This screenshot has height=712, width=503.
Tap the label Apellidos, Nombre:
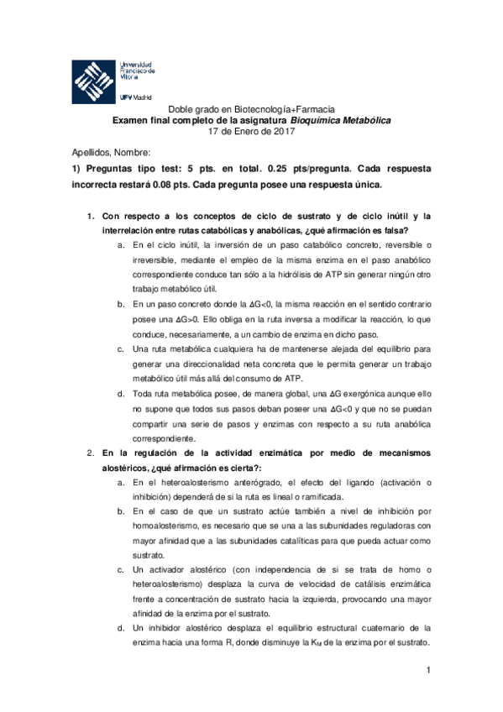coord(111,153)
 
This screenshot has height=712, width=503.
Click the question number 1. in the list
coord(93,216)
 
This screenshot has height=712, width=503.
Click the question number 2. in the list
coord(93,453)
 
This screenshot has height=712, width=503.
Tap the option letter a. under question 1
coord(122,245)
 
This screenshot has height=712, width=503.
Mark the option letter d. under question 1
coord(122,394)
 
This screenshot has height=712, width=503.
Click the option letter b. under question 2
coord(122,511)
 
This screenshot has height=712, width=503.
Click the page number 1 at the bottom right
coord(427,669)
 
